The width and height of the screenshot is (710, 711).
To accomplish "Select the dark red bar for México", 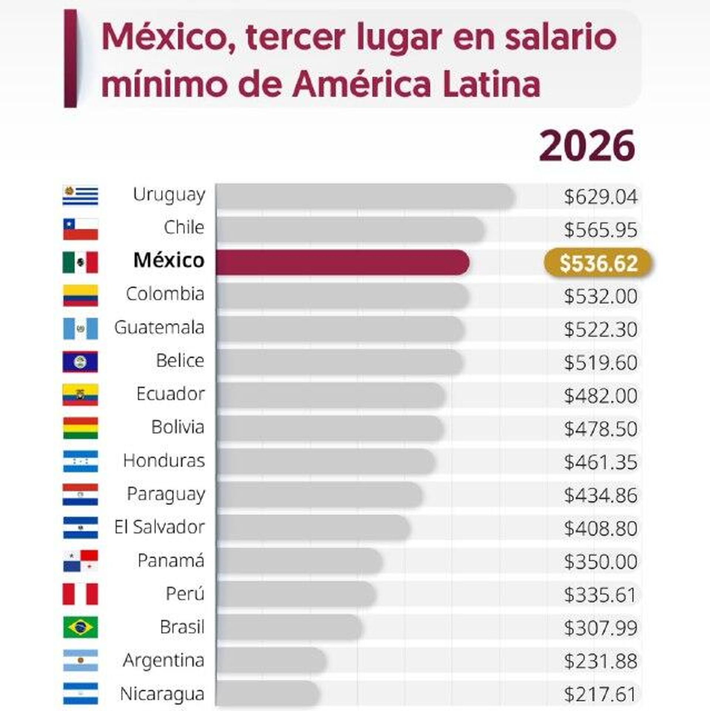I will click(342, 263).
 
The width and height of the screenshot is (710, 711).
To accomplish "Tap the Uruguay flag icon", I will click(80, 195).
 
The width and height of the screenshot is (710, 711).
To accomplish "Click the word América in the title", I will click(362, 84).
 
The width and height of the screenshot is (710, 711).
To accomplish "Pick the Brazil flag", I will click(80, 627).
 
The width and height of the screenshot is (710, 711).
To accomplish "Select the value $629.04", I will click(601, 197).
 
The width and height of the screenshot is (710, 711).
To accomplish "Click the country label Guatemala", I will click(159, 328).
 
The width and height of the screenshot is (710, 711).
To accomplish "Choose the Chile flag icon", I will click(80, 229).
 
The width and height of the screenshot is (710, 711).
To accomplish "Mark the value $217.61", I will click(601, 694).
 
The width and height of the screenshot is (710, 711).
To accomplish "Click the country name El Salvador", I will click(159, 527).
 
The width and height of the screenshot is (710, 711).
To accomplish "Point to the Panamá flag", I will click(80, 561).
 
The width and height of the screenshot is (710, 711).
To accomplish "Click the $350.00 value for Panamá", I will click(601, 562).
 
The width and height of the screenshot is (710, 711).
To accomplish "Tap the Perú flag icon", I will click(80, 594).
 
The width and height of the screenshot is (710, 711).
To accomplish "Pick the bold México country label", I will click(169, 260).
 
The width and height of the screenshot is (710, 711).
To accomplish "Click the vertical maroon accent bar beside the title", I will click(70, 58).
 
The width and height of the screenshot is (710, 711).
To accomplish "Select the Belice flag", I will click(80, 362).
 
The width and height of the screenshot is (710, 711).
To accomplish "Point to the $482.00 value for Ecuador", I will click(601, 396).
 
